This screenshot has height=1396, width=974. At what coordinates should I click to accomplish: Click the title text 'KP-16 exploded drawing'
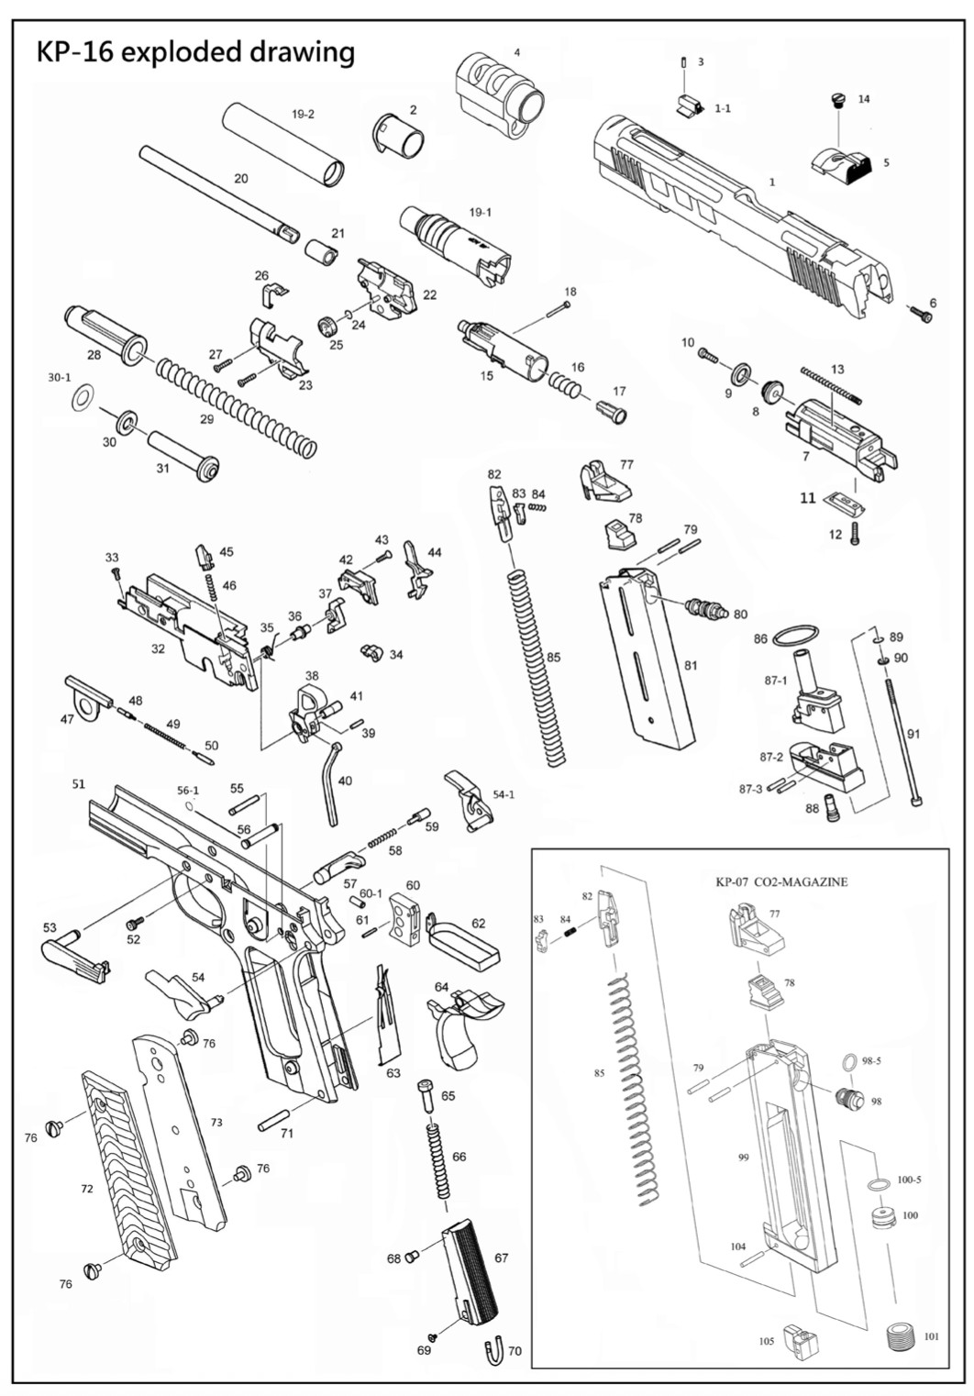click(x=194, y=51)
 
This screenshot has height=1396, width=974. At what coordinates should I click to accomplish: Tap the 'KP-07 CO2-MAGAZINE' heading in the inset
click(x=780, y=882)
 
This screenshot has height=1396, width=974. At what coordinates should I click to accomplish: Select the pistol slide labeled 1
click(x=734, y=211)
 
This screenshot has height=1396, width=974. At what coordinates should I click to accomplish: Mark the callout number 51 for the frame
click(x=79, y=784)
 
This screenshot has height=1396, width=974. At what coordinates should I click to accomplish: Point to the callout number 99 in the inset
click(x=744, y=1158)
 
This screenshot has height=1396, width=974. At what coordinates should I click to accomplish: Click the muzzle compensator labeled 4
click(x=500, y=92)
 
